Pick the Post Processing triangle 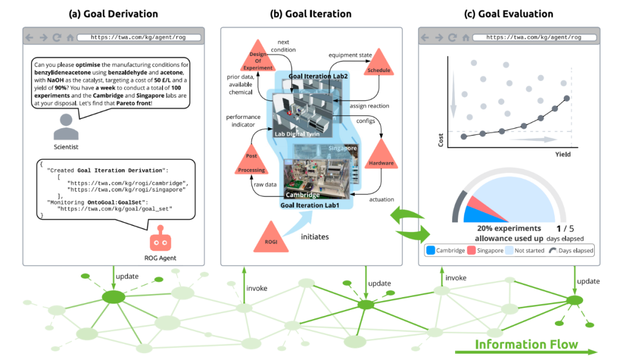252,163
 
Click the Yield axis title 562,155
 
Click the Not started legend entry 524,250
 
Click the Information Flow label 526,344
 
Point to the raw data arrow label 264,185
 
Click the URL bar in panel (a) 139,37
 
